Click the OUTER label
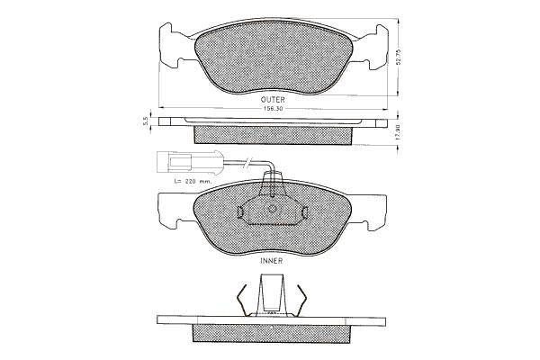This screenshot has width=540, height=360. pyautogui.click(x=273, y=100)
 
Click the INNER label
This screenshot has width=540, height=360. pyautogui.click(x=272, y=261)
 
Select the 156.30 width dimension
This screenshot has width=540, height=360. pyautogui.click(x=273, y=109)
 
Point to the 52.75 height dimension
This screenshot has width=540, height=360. pyautogui.click(x=399, y=58)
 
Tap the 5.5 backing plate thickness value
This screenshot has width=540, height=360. pyautogui.click(x=145, y=121)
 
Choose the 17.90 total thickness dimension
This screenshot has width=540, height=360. pyautogui.click(x=398, y=131)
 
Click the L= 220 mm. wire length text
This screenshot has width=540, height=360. pyautogui.click(x=193, y=181)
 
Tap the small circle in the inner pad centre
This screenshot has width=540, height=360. pyautogui.click(x=272, y=209)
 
